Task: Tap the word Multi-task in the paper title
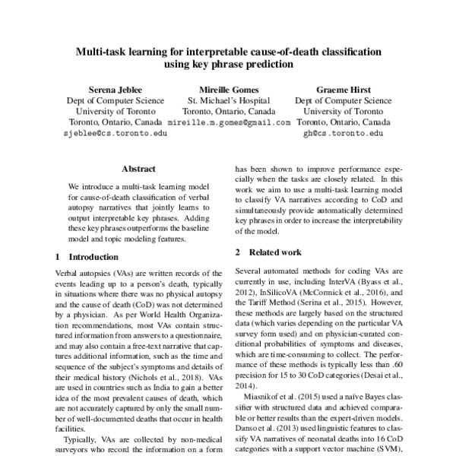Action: (x=103, y=52)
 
